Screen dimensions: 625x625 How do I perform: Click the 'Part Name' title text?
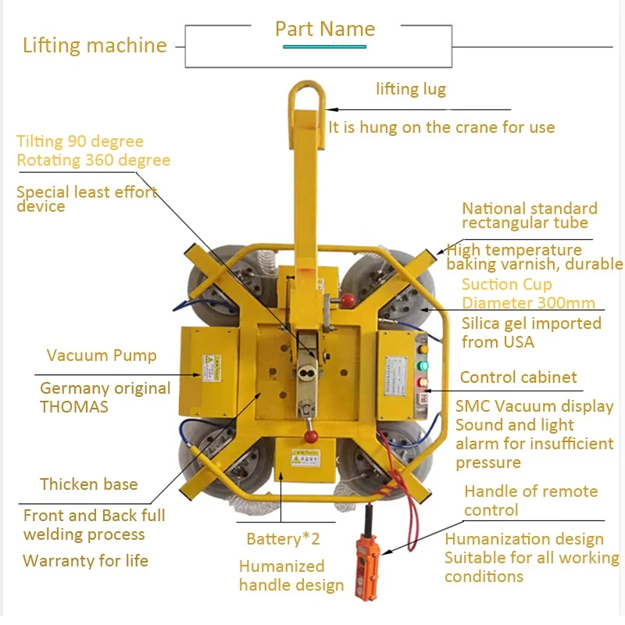[325, 30]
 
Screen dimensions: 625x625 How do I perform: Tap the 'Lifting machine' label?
[95, 45]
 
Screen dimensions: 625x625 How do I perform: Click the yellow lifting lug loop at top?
[305, 102]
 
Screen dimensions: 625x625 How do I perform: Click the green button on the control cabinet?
[424, 365]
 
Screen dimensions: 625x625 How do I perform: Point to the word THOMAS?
[74, 407]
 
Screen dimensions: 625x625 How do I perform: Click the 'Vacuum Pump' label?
[102, 356]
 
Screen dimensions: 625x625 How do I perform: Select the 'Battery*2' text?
[283, 539]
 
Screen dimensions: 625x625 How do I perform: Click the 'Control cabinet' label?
[518, 377]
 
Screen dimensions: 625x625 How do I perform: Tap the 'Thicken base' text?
[89, 484]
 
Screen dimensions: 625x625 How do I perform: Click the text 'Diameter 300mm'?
[528, 303]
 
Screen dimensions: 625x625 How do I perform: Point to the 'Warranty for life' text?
[86, 561]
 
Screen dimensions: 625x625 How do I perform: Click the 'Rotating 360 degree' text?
[94, 160]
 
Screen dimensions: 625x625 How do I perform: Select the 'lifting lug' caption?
[411, 89]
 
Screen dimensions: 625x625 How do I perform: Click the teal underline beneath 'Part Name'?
[324, 47]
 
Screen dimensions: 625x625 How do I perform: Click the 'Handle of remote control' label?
[530, 501]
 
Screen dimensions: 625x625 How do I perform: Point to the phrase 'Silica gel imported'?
[531, 323]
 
